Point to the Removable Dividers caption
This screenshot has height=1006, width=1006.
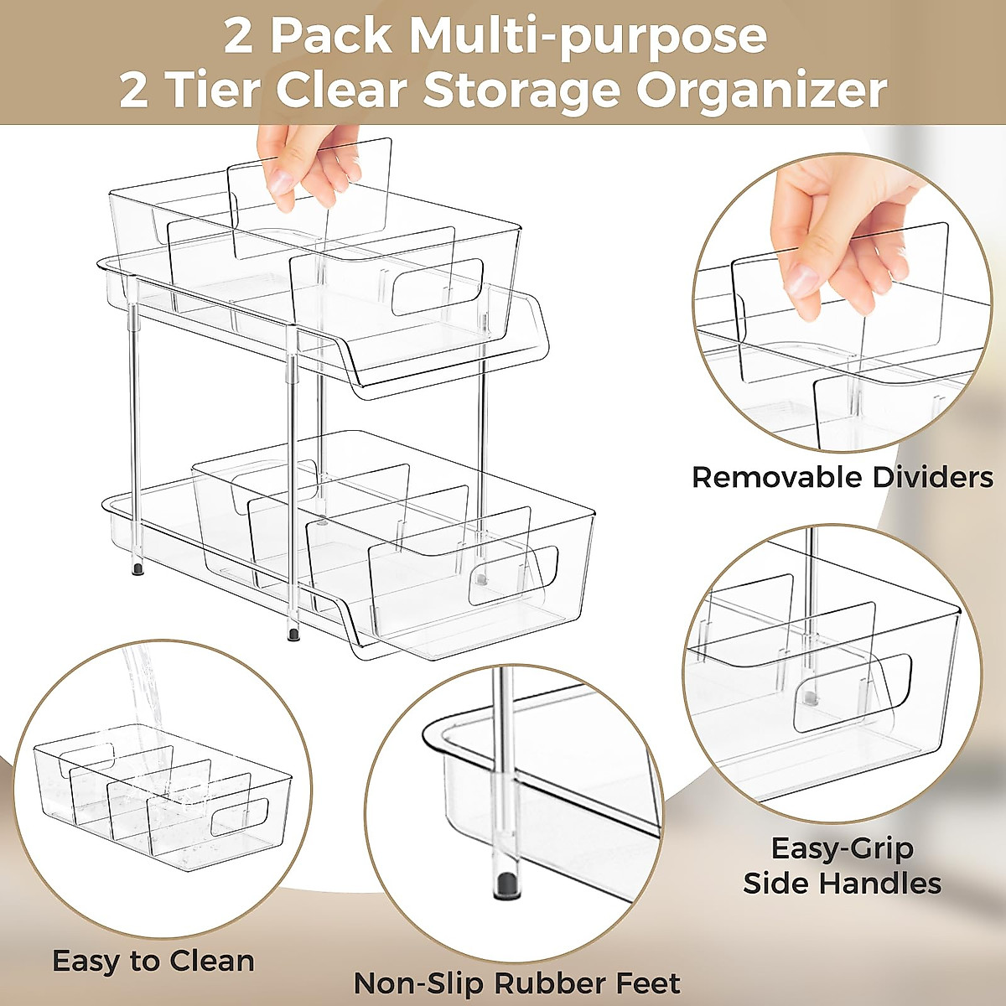tap(842, 477)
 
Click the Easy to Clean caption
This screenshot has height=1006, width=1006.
tap(153, 960)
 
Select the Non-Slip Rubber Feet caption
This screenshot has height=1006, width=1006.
tap(516, 982)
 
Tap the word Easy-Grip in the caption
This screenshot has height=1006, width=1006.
tap(842, 848)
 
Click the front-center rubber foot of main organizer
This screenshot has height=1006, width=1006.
tap(293, 634)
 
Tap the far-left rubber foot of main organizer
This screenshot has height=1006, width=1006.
tap(136, 570)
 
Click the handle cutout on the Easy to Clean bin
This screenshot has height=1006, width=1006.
tap(239, 816)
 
